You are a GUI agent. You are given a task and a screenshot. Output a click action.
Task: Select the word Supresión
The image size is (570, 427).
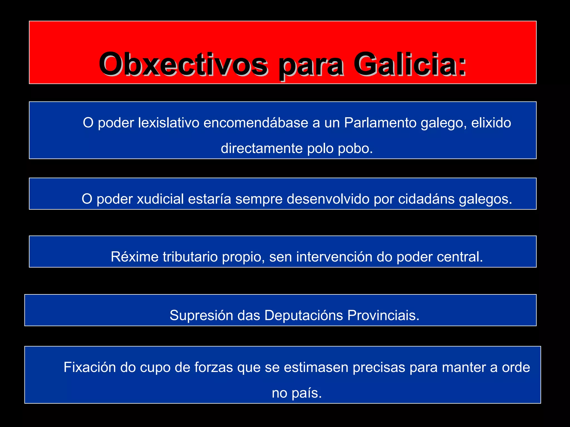[202, 316]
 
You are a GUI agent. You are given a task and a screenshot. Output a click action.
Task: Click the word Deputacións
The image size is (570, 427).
[304, 316]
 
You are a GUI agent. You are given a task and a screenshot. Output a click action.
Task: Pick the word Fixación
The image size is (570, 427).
[90, 368]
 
